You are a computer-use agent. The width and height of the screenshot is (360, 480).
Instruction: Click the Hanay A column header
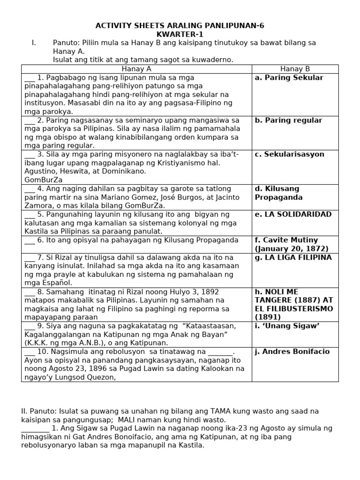click(x=136, y=69)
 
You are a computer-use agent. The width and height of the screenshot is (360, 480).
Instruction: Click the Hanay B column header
click(x=295, y=69)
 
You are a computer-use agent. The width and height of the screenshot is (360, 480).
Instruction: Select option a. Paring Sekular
click(x=289, y=78)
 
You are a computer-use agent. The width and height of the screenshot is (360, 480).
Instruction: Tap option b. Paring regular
click(x=288, y=120)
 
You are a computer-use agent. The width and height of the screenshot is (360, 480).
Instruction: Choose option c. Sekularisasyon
click(x=289, y=155)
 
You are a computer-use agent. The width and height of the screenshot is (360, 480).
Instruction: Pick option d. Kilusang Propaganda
click(x=278, y=193)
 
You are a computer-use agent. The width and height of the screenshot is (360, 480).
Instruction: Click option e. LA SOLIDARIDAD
click(x=293, y=215)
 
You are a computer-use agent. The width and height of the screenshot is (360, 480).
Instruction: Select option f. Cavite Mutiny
click(x=291, y=244)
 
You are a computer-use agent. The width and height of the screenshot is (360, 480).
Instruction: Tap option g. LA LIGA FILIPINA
click(x=293, y=258)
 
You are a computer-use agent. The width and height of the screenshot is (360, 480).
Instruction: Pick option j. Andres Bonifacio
click(x=292, y=352)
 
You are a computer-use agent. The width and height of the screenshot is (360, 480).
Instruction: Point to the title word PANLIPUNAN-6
click(x=238, y=26)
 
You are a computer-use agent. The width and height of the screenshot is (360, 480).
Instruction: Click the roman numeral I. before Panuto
click(x=34, y=43)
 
